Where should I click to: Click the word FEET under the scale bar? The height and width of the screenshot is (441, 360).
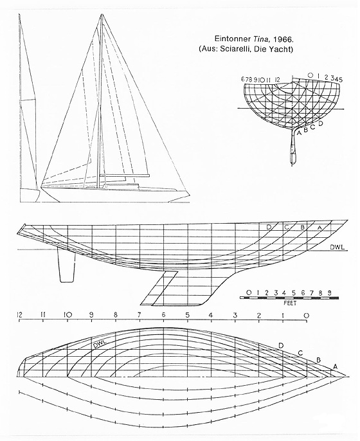[x=290, y=303]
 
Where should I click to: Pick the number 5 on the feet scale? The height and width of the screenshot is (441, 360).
[x=294, y=292]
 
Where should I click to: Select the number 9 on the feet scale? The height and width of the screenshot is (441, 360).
[x=329, y=292]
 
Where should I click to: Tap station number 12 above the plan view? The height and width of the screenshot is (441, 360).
[x=19, y=315]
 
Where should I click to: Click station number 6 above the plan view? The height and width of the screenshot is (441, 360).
[x=164, y=315]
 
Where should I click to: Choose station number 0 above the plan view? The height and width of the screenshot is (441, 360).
[x=307, y=315]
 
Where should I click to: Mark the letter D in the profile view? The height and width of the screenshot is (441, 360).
[x=269, y=228]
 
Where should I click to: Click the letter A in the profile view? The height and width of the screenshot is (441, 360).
[x=319, y=228]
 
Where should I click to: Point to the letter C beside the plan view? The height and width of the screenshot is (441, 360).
[x=300, y=353]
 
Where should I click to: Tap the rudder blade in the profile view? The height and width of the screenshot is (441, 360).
[x=67, y=265]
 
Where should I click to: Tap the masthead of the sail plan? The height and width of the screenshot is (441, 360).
[x=102, y=15]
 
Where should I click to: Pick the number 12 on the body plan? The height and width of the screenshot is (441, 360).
[x=277, y=80]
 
